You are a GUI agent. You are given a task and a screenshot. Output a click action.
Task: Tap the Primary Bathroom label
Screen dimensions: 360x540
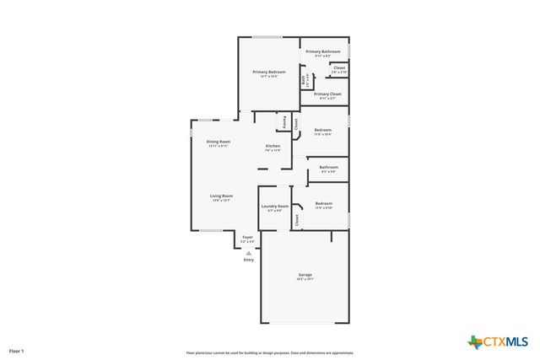click(322, 51)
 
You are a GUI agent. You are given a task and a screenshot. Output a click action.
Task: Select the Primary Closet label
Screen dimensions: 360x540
click(327, 94)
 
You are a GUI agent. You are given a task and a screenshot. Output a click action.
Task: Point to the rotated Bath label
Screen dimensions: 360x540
click(304, 80)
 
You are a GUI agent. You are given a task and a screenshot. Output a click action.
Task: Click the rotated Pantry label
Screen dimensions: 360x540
click(285, 122)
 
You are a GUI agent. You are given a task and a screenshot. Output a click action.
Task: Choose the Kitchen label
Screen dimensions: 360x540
click(273, 146)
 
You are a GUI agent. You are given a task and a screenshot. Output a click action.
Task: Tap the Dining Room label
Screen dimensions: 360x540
click(219, 142)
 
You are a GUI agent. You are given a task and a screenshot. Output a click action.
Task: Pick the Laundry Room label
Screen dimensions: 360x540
click(275, 206)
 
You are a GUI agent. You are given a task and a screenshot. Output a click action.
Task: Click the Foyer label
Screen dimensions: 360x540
click(248, 238)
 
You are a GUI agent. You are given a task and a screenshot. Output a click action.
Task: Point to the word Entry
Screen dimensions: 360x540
click(248, 260)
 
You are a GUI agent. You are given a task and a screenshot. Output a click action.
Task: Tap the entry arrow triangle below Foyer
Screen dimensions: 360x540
click(248, 251)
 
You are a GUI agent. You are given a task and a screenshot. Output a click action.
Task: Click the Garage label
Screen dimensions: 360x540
click(305, 275)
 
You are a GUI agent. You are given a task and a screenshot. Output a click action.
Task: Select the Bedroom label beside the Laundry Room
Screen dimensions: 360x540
click(325, 203)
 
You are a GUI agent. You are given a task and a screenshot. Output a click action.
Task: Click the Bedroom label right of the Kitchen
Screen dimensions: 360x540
click(323, 130)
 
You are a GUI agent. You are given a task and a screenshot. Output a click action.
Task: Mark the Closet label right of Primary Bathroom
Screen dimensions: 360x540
click(339, 67)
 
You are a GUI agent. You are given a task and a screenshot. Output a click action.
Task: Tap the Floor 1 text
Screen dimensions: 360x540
click(17, 350)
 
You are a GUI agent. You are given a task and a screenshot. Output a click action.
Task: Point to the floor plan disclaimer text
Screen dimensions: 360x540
click(270, 353)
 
